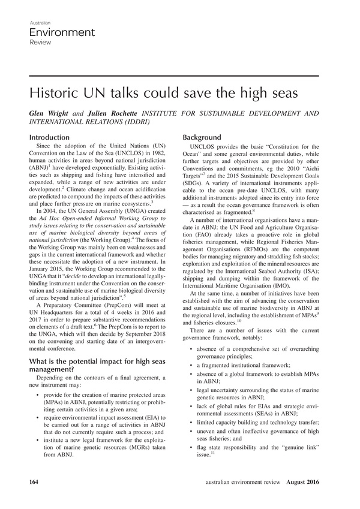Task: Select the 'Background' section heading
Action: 205,138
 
